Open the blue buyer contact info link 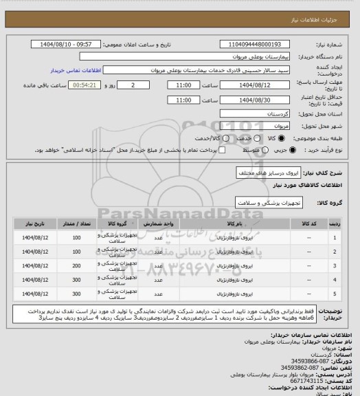click(x=76, y=70)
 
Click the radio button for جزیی click(x=285, y=148)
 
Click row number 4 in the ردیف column click(x=334, y=280)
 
